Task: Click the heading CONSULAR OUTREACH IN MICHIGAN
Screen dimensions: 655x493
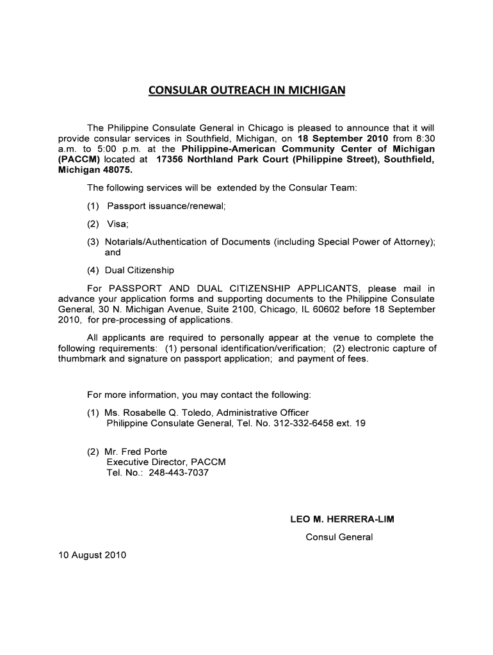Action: pyautogui.click(x=247, y=90)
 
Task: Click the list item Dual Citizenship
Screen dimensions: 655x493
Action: pyautogui.click(x=140, y=271)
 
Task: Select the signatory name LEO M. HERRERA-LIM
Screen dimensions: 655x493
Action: pyautogui.click(x=343, y=519)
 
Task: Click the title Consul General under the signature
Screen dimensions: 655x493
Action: pyautogui.click(x=339, y=537)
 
